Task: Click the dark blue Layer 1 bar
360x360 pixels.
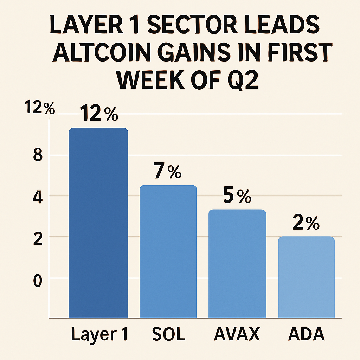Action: [x=98, y=223]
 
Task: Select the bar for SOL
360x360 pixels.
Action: [x=168, y=251]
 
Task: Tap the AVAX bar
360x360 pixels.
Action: [x=237, y=264]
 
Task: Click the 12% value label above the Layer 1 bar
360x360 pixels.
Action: [x=99, y=114]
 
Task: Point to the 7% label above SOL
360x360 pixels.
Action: [x=167, y=171]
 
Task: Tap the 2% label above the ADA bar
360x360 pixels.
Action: [x=306, y=224]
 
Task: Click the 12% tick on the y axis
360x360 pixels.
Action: [x=40, y=108]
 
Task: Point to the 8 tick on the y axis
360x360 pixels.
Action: [x=37, y=155]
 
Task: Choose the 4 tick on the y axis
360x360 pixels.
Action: [x=38, y=197]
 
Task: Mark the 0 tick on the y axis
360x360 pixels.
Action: [x=38, y=281]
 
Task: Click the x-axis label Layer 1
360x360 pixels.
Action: [x=99, y=335]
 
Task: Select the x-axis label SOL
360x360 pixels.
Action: [x=169, y=335]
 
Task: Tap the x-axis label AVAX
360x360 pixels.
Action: [x=237, y=335]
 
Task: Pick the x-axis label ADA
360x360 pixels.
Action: [x=306, y=335]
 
